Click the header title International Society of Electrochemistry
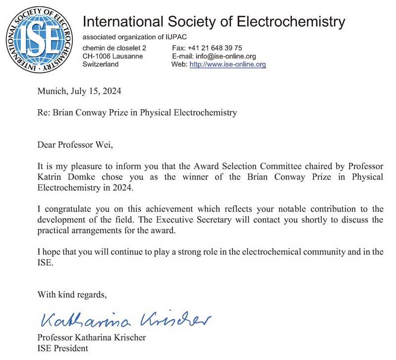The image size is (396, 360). [213, 22]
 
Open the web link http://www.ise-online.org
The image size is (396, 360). [227, 64]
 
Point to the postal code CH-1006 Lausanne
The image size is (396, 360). [113, 56]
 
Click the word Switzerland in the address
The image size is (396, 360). [100, 64]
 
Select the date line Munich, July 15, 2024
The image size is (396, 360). [79, 91]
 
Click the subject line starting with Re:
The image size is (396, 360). [137, 113]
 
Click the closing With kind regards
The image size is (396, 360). [72, 295]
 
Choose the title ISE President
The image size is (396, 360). [62, 348]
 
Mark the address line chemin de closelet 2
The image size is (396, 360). [114, 48]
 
